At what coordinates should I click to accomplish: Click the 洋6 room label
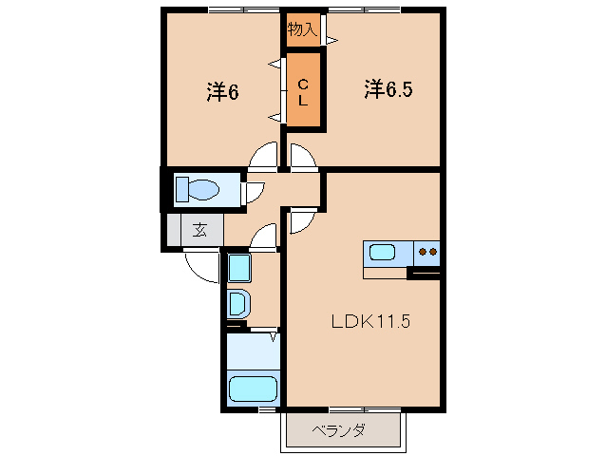(x=222, y=92)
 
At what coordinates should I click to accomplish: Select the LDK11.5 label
(x=369, y=321)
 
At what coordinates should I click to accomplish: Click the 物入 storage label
(x=302, y=29)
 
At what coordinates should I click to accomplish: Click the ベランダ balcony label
(x=339, y=430)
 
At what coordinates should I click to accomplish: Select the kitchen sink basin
(x=382, y=253)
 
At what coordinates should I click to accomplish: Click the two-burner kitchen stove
(x=426, y=253)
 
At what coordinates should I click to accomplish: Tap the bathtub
(x=252, y=389)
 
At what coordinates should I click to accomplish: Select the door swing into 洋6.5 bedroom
(x=304, y=158)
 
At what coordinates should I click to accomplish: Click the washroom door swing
(x=265, y=235)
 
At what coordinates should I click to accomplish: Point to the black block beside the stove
(x=424, y=275)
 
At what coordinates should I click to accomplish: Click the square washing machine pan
(x=238, y=268)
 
